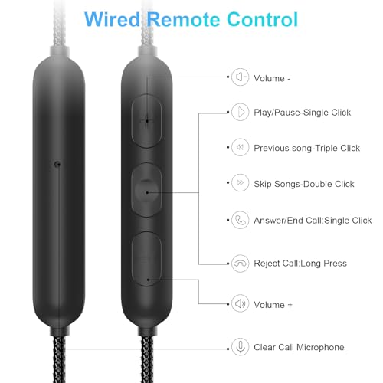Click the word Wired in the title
[x=113, y=19]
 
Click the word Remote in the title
[x=184, y=19]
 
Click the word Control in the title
[x=263, y=19]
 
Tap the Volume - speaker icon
[x=240, y=77]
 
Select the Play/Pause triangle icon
[x=240, y=112]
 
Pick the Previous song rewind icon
[x=240, y=147]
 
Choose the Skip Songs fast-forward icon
[x=240, y=182]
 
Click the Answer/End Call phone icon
[x=240, y=220]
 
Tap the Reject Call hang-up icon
[x=240, y=264]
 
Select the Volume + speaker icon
[x=240, y=303]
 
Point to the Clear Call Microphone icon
[x=240, y=347]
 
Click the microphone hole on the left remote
[x=57, y=164]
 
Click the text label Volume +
[x=273, y=305]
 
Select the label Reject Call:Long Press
[x=300, y=264]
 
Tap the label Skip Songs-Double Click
[x=304, y=184]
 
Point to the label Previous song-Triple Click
[x=306, y=148]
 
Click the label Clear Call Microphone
[x=299, y=347]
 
